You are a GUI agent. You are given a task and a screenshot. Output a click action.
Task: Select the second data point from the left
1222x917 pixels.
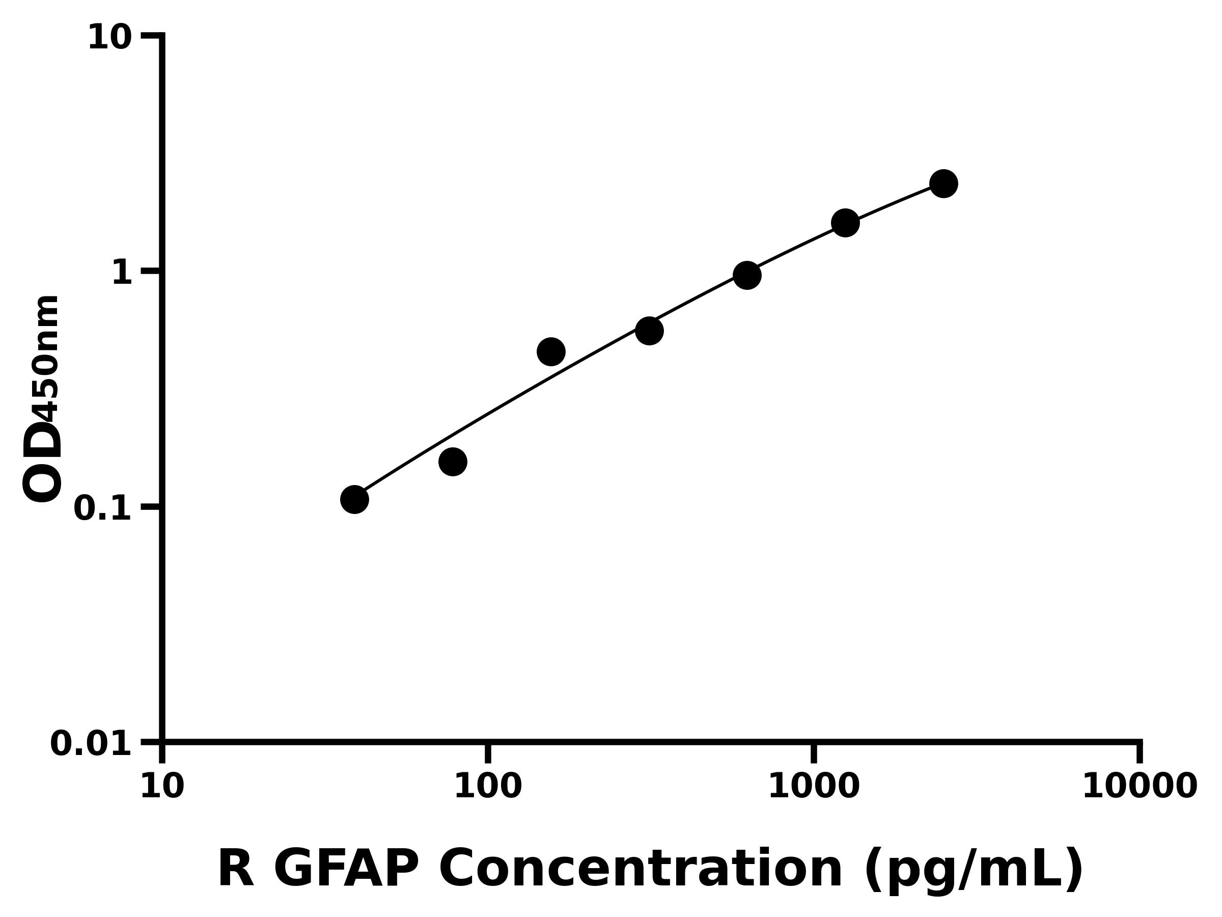[x=453, y=462]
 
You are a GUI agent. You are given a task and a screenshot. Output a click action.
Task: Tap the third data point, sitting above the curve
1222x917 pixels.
[x=551, y=352]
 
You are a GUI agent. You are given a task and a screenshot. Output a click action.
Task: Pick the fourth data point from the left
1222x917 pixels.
[x=649, y=331]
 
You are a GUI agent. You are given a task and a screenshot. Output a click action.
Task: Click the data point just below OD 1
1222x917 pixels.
[x=747, y=275]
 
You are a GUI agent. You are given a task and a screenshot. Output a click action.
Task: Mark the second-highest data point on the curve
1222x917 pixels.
[x=845, y=223]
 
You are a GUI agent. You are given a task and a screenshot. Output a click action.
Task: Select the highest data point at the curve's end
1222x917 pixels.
[x=943, y=183]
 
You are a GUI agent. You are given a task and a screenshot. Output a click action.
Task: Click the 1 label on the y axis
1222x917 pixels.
[x=122, y=273]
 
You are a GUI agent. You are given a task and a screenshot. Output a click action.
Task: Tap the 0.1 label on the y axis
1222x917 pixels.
[x=103, y=508]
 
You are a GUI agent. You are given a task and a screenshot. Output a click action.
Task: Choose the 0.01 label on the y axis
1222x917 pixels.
[x=91, y=744]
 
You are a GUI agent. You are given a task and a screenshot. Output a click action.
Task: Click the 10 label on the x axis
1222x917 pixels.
[x=162, y=787]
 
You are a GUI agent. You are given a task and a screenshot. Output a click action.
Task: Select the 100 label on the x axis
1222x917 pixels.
[x=488, y=787]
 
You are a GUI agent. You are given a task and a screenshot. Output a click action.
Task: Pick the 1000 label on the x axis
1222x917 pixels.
[x=814, y=787]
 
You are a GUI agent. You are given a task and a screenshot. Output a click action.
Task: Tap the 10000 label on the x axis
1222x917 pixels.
[x=1139, y=787]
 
